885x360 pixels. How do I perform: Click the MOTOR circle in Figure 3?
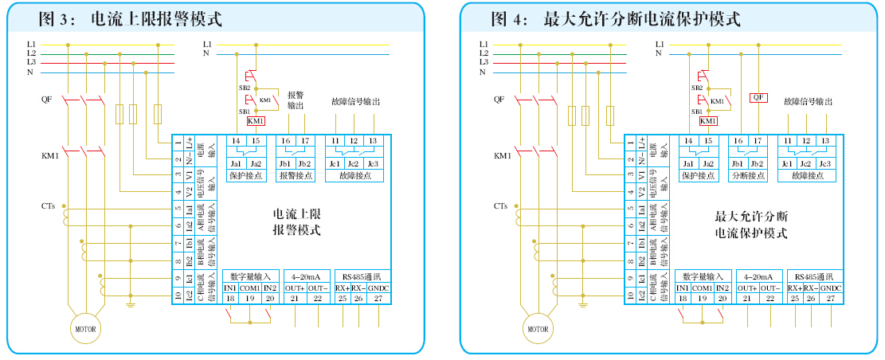point(85,328)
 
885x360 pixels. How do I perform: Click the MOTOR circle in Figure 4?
point(538,328)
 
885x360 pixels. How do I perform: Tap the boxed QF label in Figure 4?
point(759,97)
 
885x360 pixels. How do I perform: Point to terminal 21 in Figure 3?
point(296,298)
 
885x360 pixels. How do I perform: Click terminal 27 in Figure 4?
point(830,298)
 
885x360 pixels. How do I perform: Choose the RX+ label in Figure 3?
point(343,288)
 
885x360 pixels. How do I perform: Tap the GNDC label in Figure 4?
point(830,288)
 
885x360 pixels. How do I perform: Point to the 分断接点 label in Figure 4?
point(748,176)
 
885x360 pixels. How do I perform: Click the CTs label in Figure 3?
point(49,206)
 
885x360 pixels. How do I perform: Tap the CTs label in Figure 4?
point(500,206)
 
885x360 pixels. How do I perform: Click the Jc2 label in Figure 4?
point(806,164)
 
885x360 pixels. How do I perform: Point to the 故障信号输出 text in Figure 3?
point(355,102)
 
